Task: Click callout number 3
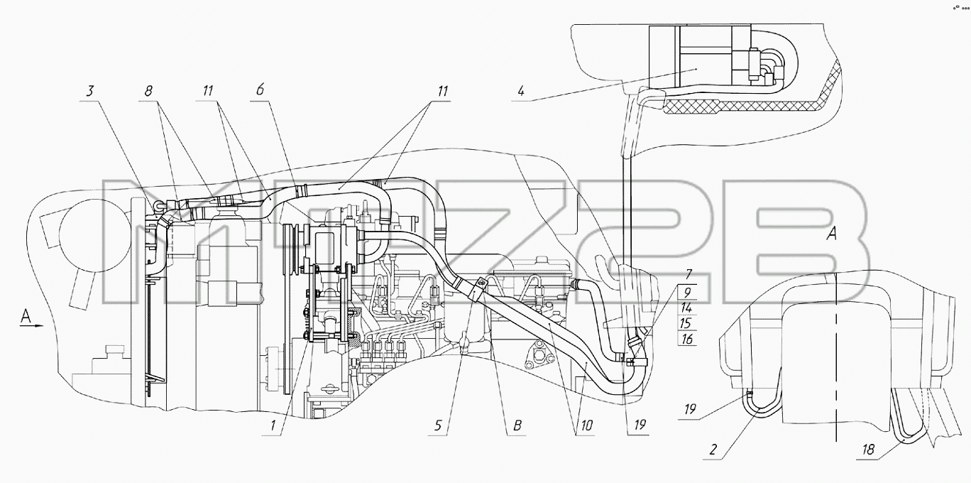(x=89, y=92)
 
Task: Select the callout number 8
(x=148, y=91)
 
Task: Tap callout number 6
(x=260, y=89)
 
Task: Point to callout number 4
(x=521, y=92)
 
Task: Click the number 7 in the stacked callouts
(x=689, y=274)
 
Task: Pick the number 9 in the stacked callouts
(x=688, y=292)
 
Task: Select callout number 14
(x=686, y=308)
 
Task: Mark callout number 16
(x=687, y=339)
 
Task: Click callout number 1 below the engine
(x=273, y=425)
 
